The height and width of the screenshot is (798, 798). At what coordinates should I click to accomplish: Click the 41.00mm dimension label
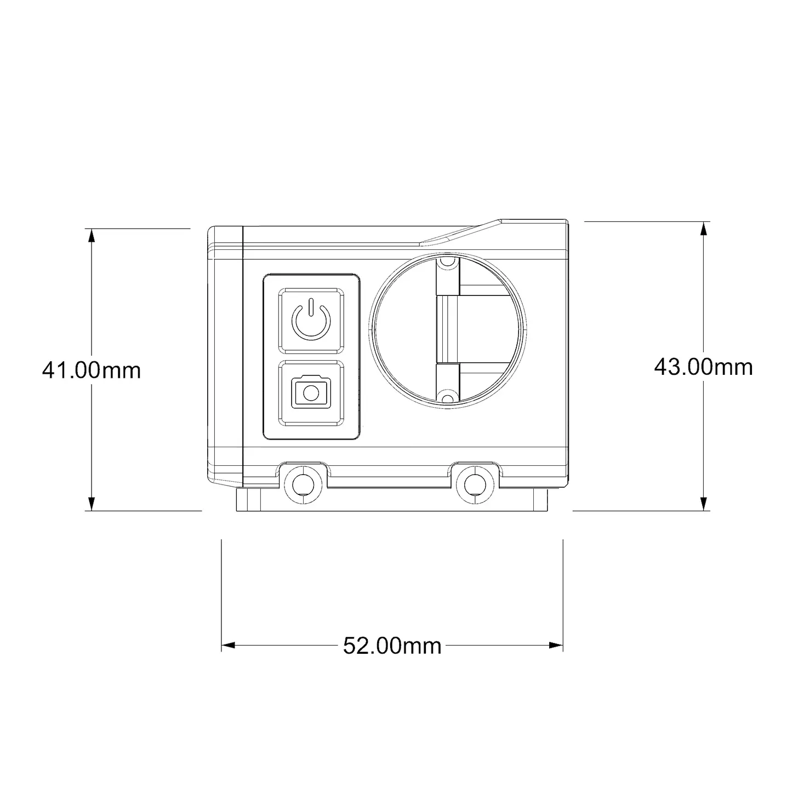92,371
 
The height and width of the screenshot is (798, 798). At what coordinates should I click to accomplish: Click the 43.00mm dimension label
703,367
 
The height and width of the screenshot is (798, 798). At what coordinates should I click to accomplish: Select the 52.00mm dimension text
392,646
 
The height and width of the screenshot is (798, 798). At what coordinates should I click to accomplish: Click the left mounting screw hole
303,483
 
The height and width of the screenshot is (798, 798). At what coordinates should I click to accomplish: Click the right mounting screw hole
475,483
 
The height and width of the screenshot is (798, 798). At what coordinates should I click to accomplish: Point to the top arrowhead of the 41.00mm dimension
92,235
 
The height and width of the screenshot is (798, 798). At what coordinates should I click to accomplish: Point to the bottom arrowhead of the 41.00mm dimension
92,504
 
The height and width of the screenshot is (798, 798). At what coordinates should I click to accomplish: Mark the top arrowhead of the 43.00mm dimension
703,229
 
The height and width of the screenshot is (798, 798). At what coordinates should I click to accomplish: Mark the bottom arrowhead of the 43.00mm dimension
703,504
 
